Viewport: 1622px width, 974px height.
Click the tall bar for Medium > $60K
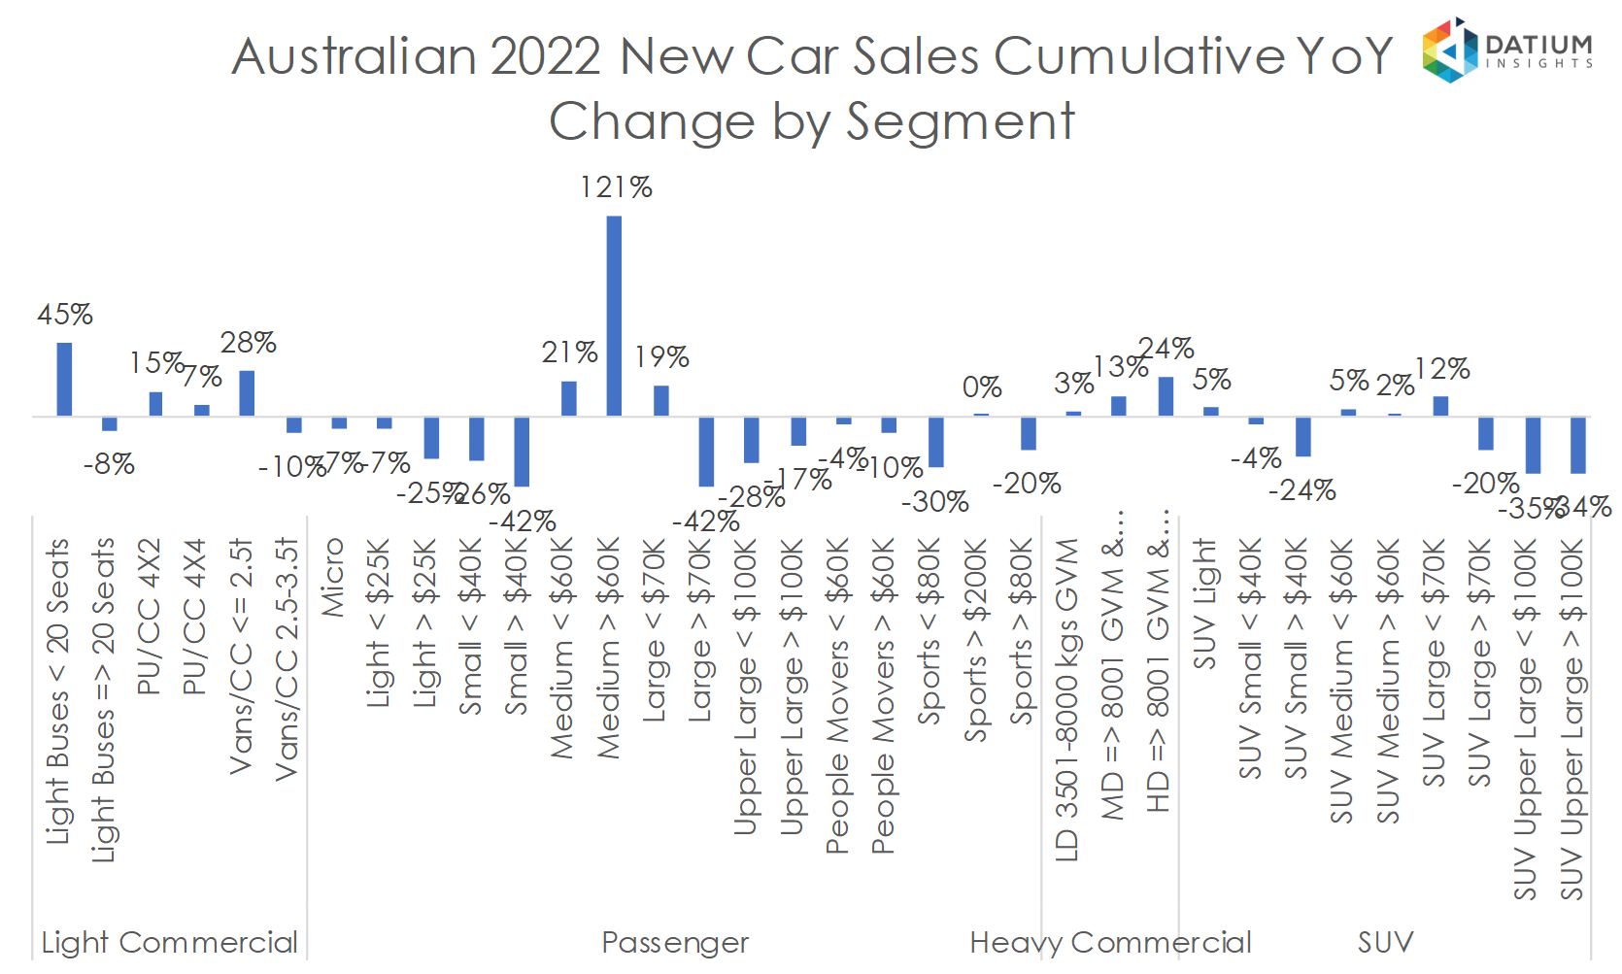click(614, 316)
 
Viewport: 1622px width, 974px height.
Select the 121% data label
click(616, 186)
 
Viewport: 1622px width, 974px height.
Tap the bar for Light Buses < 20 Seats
click(64, 379)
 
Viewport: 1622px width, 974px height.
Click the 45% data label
click(65, 315)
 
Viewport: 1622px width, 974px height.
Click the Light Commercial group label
click(169, 942)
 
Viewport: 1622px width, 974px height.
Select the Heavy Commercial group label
click(1110, 942)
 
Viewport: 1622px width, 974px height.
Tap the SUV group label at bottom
click(1385, 942)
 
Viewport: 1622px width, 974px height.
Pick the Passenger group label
click(675, 942)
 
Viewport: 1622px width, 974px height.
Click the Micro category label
click(333, 578)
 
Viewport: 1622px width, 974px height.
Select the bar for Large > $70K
click(706, 452)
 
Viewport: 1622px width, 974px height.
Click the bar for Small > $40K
click(522, 452)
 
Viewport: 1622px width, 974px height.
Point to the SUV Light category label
click(1204, 604)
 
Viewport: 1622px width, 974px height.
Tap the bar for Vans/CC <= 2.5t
click(247, 393)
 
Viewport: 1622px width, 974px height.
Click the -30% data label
click(934, 502)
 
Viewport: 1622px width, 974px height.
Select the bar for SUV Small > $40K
click(1303, 437)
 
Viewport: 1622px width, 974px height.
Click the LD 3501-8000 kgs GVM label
click(1066, 699)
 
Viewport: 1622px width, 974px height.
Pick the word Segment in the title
click(960, 122)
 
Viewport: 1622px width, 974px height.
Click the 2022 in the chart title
click(545, 56)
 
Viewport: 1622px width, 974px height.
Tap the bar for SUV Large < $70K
click(1440, 406)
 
